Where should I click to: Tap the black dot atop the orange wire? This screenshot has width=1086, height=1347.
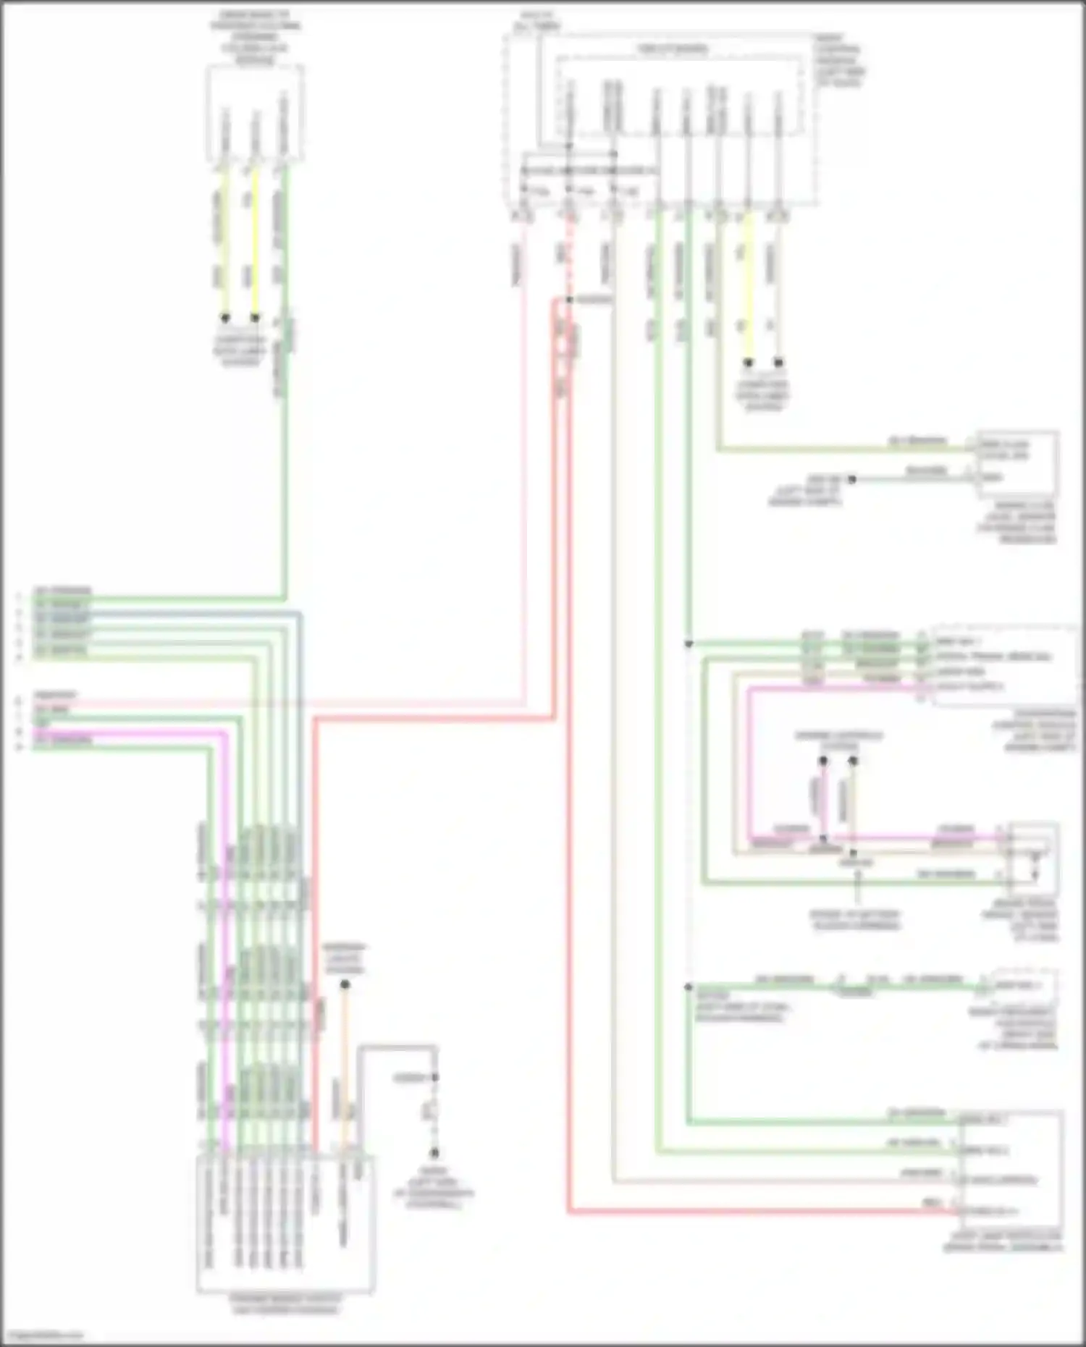(345, 984)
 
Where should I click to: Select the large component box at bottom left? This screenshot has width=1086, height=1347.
(285, 1223)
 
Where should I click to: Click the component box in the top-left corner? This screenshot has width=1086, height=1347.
(254, 114)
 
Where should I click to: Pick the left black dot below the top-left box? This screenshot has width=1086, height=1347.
(225, 318)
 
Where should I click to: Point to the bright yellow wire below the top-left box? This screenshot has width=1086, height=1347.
(255, 246)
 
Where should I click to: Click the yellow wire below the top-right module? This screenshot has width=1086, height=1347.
(748, 290)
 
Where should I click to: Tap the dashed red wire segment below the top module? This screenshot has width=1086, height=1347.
(569, 253)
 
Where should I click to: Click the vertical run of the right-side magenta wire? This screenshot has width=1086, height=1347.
(749, 760)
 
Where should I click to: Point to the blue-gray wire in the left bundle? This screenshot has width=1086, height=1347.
(300, 724)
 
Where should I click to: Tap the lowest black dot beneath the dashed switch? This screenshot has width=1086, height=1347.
(434, 1153)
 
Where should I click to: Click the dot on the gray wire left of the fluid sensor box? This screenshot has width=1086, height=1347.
(852, 479)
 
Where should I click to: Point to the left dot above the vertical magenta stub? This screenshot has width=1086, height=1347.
(823, 761)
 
